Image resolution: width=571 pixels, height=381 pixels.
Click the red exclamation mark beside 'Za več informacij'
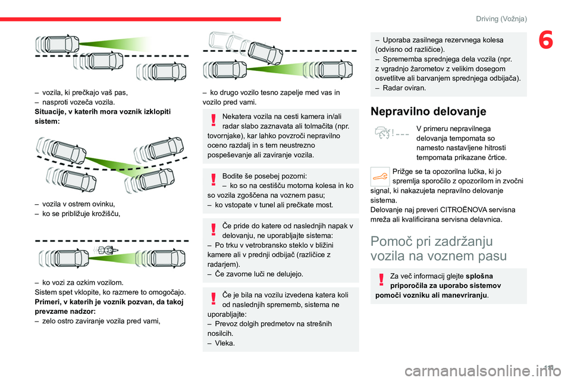pyautogui.click(x=380, y=279)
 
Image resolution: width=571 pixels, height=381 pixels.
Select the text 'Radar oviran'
pyautogui.click(x=404, y=88)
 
